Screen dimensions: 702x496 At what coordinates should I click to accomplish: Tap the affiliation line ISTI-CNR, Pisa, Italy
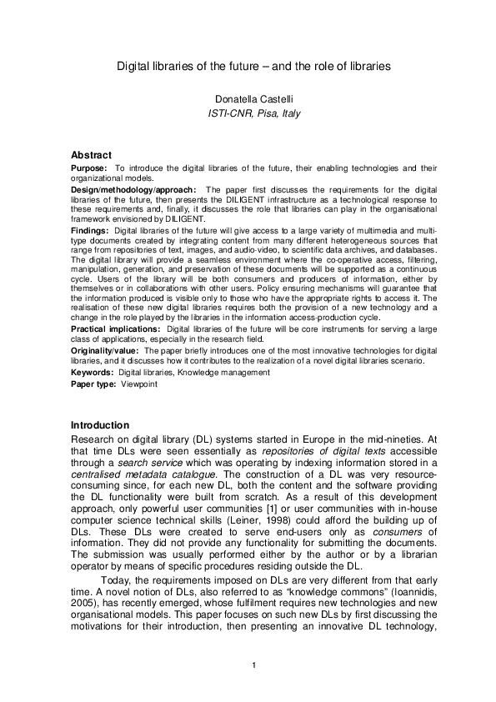(253, 113)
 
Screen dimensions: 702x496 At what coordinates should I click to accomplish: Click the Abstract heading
(92, 155)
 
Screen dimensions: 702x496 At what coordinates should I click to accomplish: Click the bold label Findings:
(90, 229)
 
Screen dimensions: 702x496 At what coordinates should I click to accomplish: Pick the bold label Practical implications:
(117, 329)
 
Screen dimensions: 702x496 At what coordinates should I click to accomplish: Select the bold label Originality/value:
(108, 351)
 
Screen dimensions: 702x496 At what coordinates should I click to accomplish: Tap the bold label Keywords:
(93, 373)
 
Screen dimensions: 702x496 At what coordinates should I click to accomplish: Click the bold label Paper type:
(94, 384)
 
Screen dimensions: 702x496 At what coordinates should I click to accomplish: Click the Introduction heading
(100, 425)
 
